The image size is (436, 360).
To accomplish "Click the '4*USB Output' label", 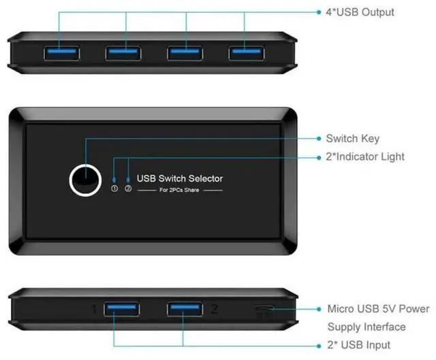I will pos(360,12).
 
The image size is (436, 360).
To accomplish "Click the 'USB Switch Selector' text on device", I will pos(180,178).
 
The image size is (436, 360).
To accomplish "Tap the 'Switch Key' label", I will pos(352,138).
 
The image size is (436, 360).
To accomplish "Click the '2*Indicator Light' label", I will pos(365,157).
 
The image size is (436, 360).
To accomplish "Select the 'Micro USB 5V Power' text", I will pos(378,309).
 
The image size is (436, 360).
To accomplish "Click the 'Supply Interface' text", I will pos(366,327).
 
